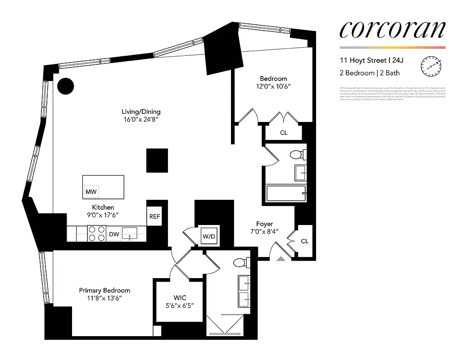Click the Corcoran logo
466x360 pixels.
(392, 30)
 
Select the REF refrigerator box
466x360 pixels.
(154, 216)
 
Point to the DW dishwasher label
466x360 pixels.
(114, 234)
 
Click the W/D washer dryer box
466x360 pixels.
(209, 235)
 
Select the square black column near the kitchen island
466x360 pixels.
(157, 160)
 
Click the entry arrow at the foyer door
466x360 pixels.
(281, 258)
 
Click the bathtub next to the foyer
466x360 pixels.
(286, 193)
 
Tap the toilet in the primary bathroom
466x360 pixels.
(240, 262)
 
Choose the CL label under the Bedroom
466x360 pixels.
(284, 133)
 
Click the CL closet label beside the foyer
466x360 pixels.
(305, 241)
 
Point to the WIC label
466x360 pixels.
(180, 298)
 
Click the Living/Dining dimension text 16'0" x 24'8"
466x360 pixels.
(141, 120)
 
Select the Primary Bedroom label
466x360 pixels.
(104, 290)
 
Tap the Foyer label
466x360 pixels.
(265, 224)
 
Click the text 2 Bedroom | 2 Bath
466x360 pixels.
(370, 73)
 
